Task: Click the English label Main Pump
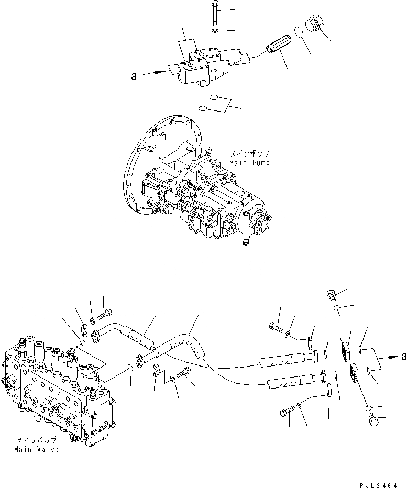click(249, 163)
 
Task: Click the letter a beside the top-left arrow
click(134, 76)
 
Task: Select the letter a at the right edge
click(403, 357)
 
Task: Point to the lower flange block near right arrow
click(354, 375)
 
